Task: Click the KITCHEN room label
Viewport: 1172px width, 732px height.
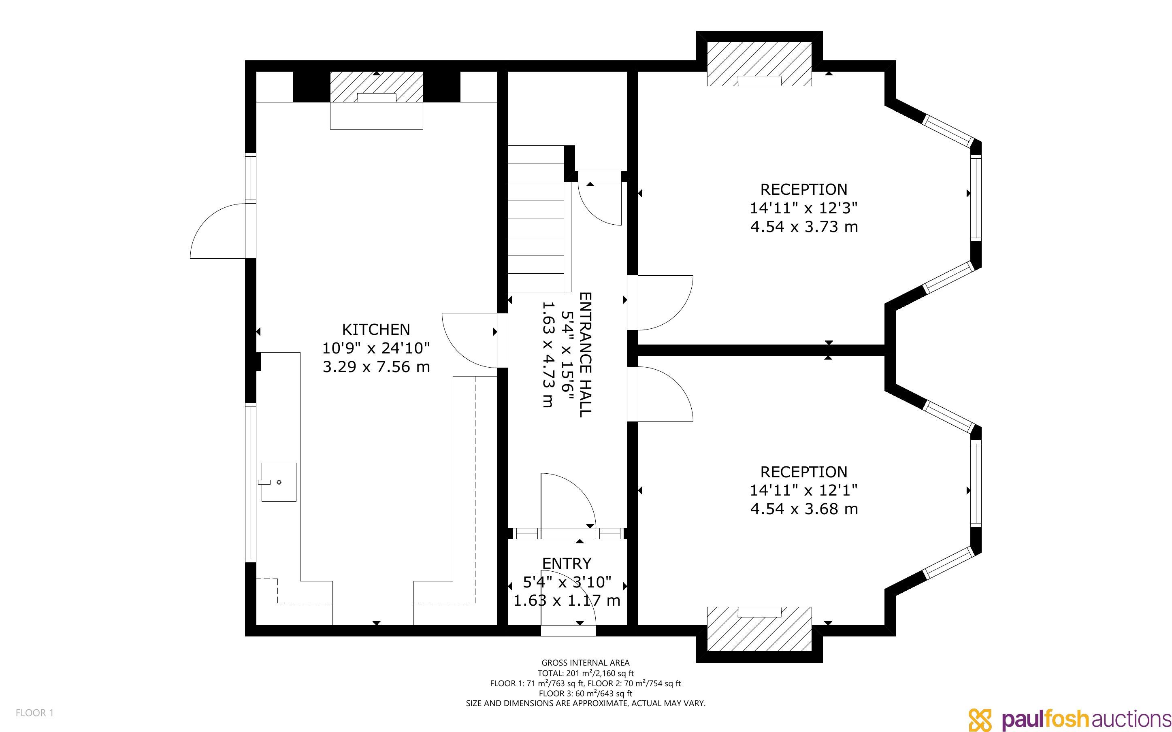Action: pos(376,329)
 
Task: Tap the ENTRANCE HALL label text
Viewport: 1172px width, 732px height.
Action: pos(585,354)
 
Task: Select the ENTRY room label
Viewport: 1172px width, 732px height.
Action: pos(567,564)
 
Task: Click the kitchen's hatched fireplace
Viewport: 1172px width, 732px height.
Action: pos(376,87)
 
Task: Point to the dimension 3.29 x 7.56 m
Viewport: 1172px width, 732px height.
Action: pos(376,367)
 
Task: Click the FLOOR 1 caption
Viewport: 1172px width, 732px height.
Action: pos(34,713)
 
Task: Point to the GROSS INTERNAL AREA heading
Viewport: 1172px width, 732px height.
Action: pos(585,663)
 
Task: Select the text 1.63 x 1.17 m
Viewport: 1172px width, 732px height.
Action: pos(567,601)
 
